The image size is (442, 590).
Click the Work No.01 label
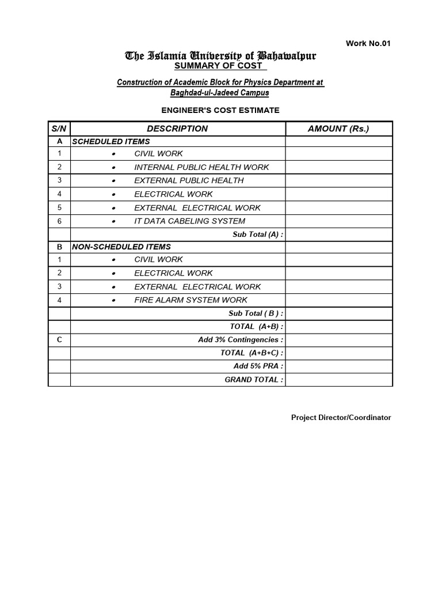pos(368,44)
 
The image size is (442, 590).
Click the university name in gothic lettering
pos(220,56)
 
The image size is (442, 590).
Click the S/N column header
pos(59,128)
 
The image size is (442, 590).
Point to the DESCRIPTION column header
pos(177,128)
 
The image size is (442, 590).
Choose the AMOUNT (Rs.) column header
pos(338,128)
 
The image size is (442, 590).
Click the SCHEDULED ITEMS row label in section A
pos(110,141)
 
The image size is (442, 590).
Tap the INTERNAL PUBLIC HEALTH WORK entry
pos(201,167)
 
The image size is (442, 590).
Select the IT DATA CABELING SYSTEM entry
pos(189,221)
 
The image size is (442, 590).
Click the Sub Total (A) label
pos(258,235)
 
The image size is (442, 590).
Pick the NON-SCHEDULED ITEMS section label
pos(121,247)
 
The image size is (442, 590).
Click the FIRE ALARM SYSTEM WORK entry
pos(190,300)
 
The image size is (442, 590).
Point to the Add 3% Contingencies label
pos(241,340)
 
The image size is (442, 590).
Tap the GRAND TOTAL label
pos(254,380)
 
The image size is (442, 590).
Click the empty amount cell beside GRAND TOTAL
pos(338,380)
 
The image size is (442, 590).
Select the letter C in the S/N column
pos(59,340)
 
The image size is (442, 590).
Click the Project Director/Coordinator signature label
pos(341,417)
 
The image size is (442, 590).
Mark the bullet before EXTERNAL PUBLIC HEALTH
pos(114,181)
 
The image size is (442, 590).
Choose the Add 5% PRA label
pos(258,366)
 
